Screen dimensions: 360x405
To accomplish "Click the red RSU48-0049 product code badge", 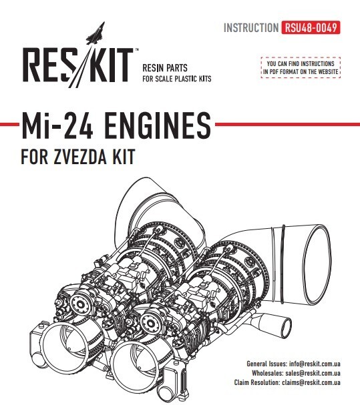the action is point(311,27).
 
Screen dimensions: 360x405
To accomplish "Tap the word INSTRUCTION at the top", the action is point(251,27).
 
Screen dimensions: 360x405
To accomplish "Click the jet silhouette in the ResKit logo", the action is point(96,33).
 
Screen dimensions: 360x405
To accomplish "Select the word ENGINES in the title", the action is point(158,125).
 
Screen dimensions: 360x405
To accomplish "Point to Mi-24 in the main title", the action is point(57,125).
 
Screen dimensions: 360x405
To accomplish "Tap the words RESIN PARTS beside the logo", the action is point(165,68).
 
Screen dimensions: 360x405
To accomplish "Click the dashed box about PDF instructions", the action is point(301,67).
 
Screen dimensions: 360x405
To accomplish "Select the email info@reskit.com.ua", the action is point(315,364).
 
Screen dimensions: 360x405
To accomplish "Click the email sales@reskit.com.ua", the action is point(313,373).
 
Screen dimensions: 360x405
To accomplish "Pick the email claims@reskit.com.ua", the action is point(311,382).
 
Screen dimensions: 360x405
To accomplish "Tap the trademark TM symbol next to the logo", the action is point(137,49).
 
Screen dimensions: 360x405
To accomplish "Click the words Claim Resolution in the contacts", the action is point(256,382).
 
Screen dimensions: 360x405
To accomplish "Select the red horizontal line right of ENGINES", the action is point(287,125).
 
